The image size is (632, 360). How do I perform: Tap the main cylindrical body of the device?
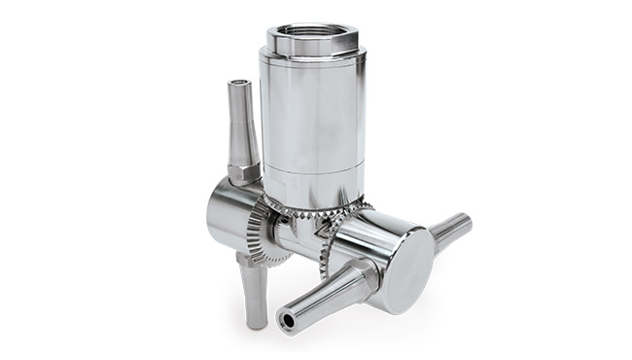tap(312, 117)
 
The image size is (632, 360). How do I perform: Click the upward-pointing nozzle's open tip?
tap(238, 86)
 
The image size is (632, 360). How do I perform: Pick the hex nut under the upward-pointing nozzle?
tap(244, 172)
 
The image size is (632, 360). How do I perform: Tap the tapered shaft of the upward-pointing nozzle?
tap(241, 126)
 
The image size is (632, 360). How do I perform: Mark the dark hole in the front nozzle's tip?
tap(287, 317)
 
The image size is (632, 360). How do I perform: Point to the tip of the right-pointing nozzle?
tap(468, 222)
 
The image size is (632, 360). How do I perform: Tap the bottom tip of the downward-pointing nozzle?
tap(255, 321)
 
